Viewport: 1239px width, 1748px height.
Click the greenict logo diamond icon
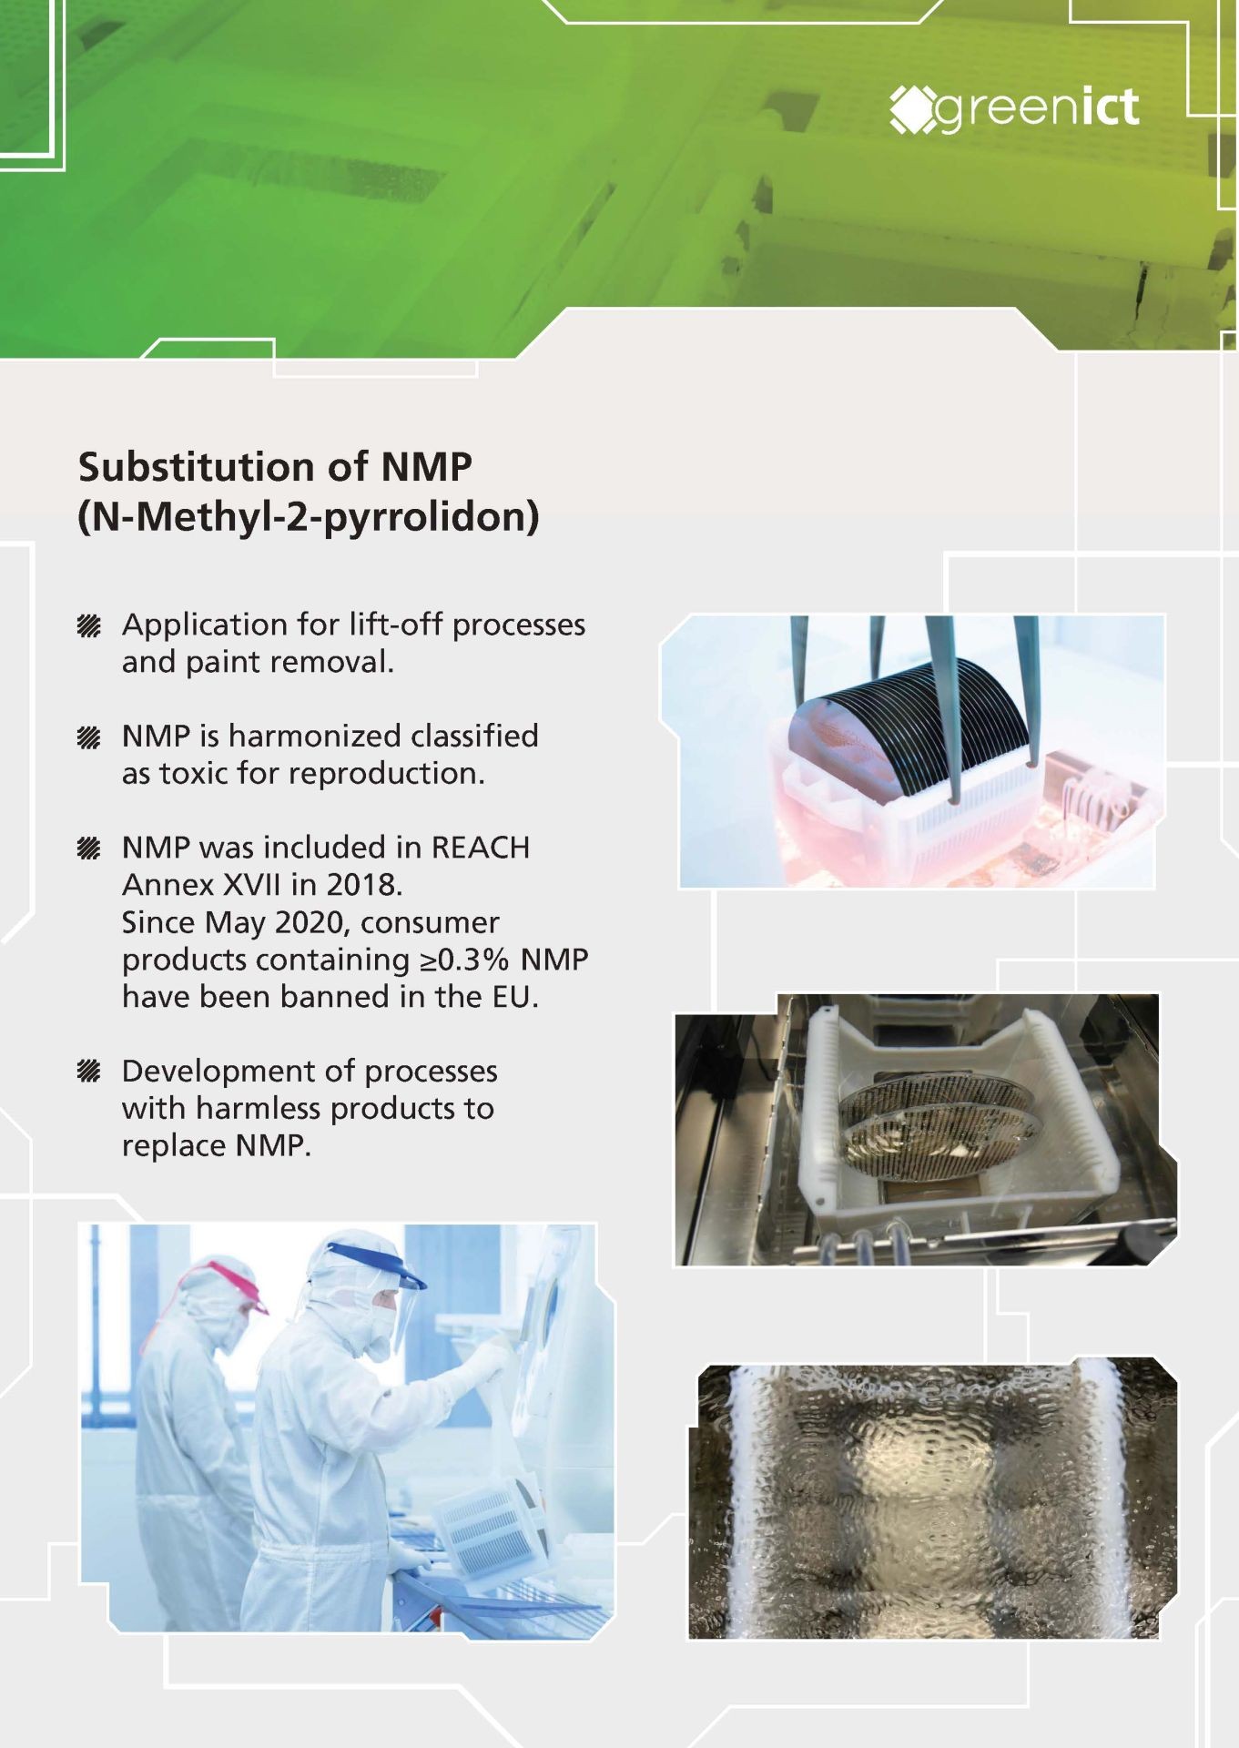(x=912, y=109)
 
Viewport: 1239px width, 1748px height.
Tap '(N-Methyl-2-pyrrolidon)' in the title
(x=309, y=517)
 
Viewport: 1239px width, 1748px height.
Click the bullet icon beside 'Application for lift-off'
(x=88, y=625)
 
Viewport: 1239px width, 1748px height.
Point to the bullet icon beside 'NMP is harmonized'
(x=88, y=737)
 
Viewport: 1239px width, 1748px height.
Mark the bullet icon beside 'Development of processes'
(x=88, y=1072)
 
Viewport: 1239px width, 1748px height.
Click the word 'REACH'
(x=481, y=848)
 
